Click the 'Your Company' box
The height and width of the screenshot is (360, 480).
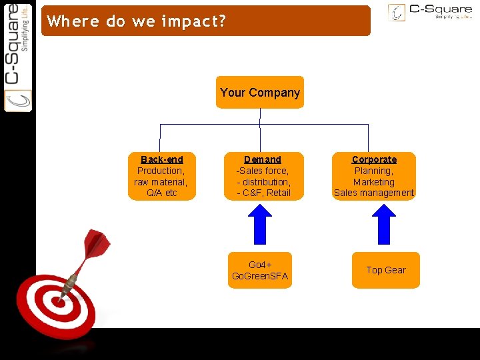click(x=260, y=93)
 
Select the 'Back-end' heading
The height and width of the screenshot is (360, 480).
click(x=162, y=159)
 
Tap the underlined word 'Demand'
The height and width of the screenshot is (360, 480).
click(x=263, y=159)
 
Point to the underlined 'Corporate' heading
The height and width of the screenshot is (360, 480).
click(x=374, y=159)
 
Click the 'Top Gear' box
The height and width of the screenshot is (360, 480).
click(x=385, y=270)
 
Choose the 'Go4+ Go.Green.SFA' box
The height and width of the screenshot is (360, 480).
click(x=260, y=270)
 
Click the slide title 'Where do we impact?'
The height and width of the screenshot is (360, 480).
click(x=137, y=21)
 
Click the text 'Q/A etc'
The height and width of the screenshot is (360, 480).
click(x=162, y=193)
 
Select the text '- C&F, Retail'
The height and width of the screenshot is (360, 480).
click(x=264, y=193)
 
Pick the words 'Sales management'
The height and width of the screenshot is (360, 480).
click(x=374, y=193)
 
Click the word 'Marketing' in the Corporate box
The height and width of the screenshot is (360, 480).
click(x=374, y=182)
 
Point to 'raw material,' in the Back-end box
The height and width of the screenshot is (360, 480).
click(x=161, y=182)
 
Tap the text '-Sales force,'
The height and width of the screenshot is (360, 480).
click(x=263, y=171)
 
